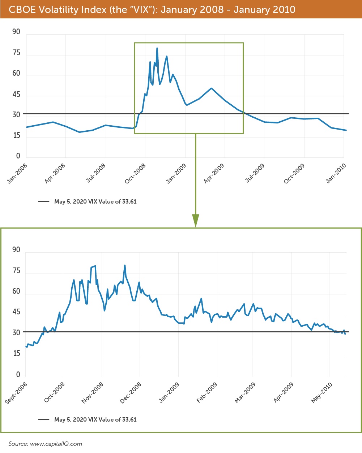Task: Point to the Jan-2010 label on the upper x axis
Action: click(336, 173)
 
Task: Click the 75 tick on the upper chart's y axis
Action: click(17, 53)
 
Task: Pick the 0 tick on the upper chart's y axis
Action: click(18, 156)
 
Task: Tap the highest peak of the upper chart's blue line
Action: click(157, 48)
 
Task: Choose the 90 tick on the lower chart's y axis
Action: click(16, 250)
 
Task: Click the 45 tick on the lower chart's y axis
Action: click(16, 312)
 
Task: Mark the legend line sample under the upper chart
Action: click(44, 201)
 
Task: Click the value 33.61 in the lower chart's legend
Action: click(129, 419)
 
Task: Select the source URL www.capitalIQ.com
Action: click(56, 444)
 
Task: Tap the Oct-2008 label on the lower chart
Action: click(55, 392)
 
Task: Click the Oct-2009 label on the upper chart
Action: click(294, 173)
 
